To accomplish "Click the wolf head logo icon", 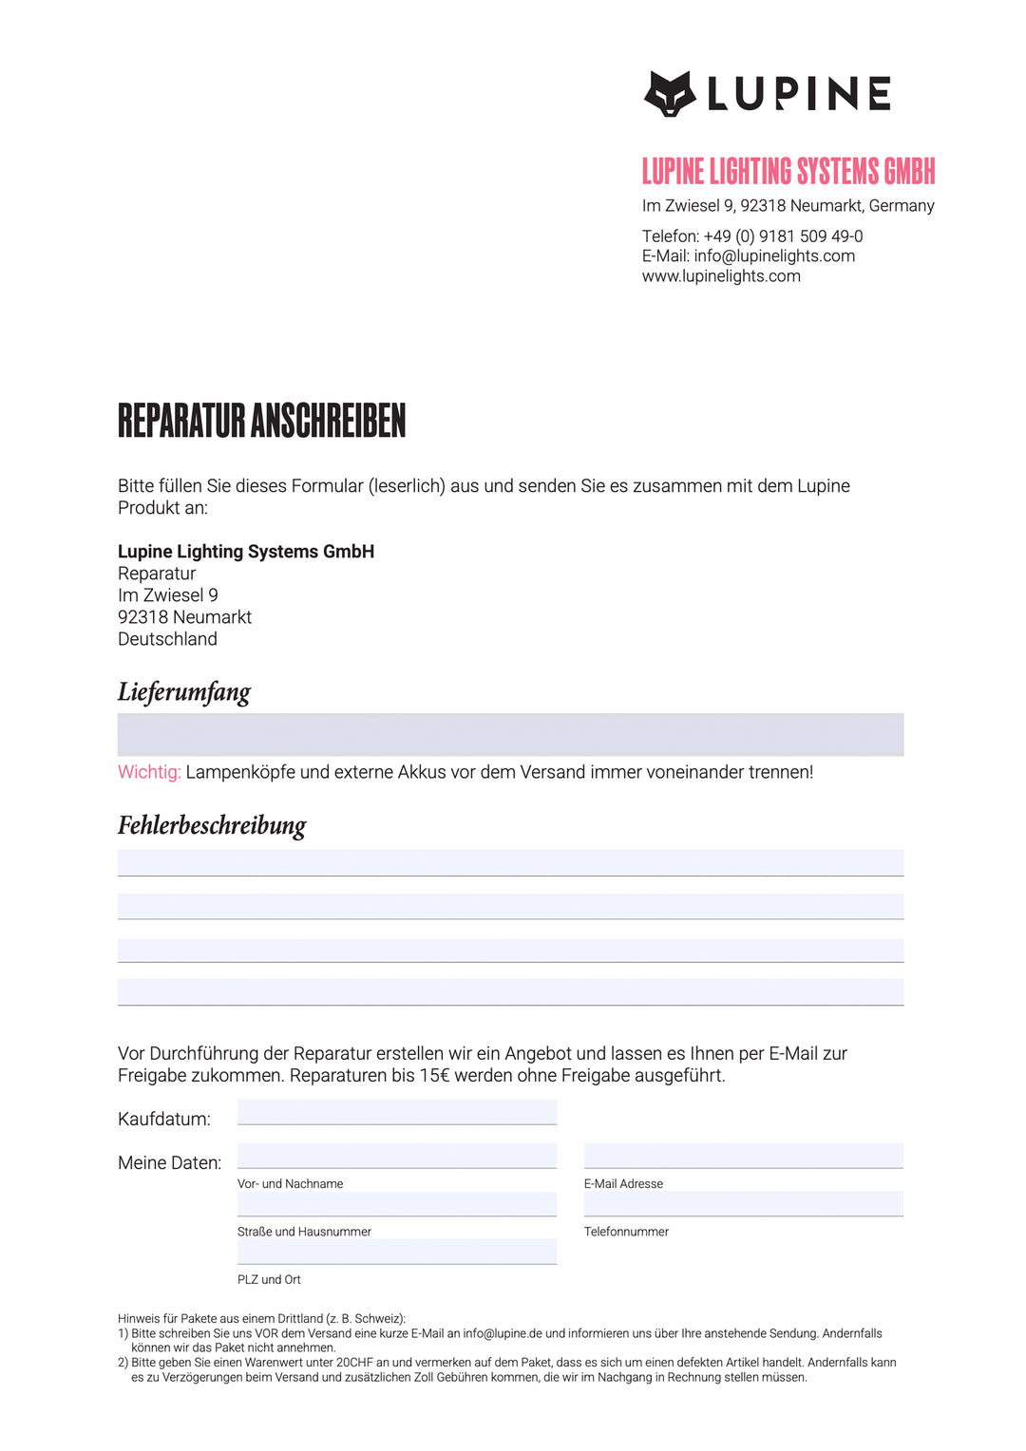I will point(670,94).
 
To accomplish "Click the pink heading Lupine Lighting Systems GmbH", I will point(788,172).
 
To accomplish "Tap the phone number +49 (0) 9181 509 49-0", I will point(783,236).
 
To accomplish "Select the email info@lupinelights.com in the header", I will point(774,256).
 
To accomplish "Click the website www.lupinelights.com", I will point(721,276).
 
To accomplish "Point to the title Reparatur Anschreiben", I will point(261,422).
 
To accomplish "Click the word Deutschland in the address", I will point(167,639).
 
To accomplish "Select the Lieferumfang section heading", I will point(183,691).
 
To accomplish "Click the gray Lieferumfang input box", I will point(510,735).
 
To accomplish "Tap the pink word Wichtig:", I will point(149,772).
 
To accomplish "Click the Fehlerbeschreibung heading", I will point(211,825).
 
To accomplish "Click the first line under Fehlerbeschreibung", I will point(510,862).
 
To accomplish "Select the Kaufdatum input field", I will point(396,1112).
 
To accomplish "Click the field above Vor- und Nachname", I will point(396,1156).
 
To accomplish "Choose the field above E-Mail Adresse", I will point(743,1156).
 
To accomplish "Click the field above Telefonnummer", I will point(743,1204).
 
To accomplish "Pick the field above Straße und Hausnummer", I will point(396,1204).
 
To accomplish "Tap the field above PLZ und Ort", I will point(396,1252).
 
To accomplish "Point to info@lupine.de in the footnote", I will point(503,1333).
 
